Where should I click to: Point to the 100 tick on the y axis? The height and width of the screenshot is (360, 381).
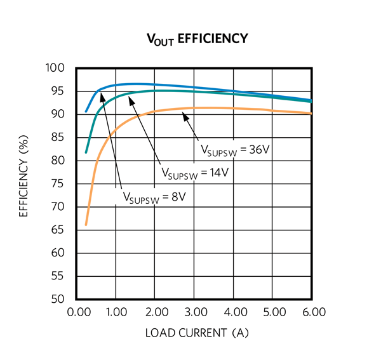click(x=58, y=68)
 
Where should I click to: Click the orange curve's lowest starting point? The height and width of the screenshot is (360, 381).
click(x=86, y=225)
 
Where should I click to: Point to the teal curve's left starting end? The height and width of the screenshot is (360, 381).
click(x=86, y=152)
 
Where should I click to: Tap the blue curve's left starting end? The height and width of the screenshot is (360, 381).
click(x=86, y=112)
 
